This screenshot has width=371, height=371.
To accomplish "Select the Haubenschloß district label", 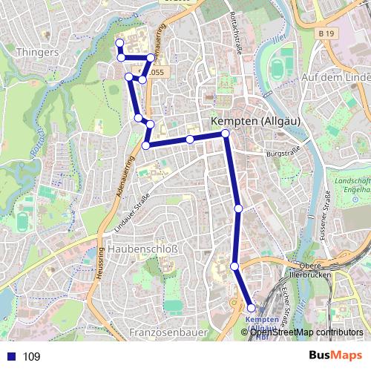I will coord(141,249).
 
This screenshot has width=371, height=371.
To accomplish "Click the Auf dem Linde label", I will coord(336,77).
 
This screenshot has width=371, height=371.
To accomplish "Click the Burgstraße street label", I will coord(281,154).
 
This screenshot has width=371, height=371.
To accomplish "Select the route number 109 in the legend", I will coord(32,356).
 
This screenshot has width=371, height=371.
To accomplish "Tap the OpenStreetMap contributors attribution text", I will coord(306,332).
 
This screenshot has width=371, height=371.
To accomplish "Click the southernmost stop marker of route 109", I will coord(251,308).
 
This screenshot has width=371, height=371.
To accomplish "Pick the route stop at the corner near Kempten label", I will coord(226,134).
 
